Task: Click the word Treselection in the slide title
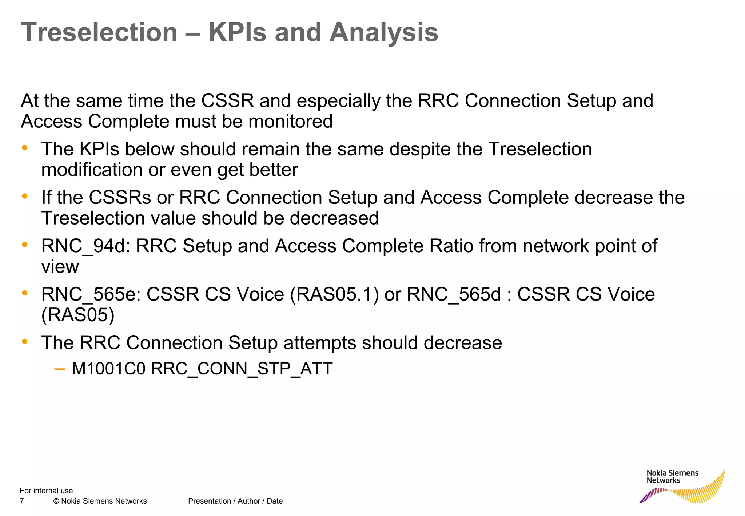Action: pyautogui.click(x=99, y=32)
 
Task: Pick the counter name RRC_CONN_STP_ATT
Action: pyautogui.click(x=242, y=369)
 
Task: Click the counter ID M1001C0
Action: pyautogui.click(x=108, y=369)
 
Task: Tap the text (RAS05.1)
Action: pyautogui.click(x=335, y=294)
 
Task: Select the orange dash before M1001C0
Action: pyautogui.click(x=59, y=369)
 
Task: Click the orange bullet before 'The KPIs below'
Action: pyautogui.click(x=25, y=148)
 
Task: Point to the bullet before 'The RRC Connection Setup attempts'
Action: pyautogui.click(x=25, y=341)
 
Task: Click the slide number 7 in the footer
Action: pyautogui.click(x=22, y=501)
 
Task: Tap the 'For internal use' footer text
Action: pyautogui.click(x=46, y=491)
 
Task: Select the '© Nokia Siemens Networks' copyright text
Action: pyautogui.click(x=100, y=501)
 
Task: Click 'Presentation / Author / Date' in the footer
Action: pyautogui.click(x=235, y=501)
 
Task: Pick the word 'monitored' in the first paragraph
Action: pyautogui.click(x=290, y=121)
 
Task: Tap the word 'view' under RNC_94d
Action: pyautogui.click(x=60, y=267)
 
